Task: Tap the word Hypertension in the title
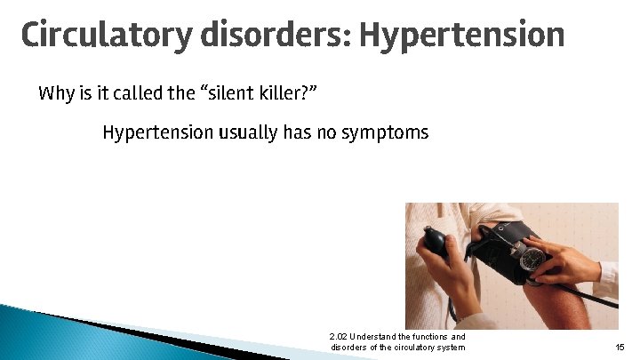(x=462, y=36)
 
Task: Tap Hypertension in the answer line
(x=157, y=133)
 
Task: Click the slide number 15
(x=620, y=347)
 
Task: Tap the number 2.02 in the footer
(x=338, y=337)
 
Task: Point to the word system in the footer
(x=450, y=347)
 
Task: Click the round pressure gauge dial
(x=532, y=259)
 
